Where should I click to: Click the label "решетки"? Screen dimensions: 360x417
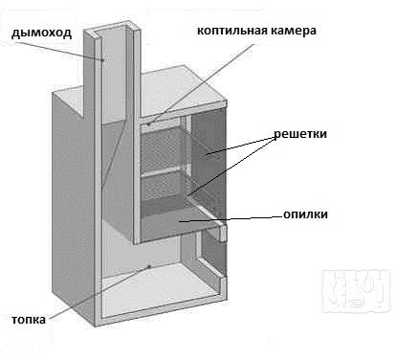(x=301, y=134)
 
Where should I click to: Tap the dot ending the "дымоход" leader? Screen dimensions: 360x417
(x=102, y=59)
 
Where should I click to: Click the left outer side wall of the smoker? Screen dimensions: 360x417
(x=72, y=211)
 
